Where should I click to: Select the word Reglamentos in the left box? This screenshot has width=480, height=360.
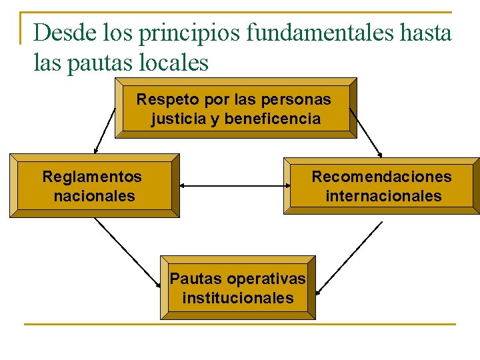92,177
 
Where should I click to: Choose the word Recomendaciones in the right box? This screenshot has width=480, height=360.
381,177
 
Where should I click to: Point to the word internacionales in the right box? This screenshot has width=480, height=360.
383,196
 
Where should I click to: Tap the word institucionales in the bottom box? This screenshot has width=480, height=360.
238,297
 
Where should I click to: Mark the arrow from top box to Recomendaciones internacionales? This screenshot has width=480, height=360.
365,131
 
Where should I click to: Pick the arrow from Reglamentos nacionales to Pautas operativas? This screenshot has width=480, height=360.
127,253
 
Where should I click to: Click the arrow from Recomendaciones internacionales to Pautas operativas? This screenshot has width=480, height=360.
349,257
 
